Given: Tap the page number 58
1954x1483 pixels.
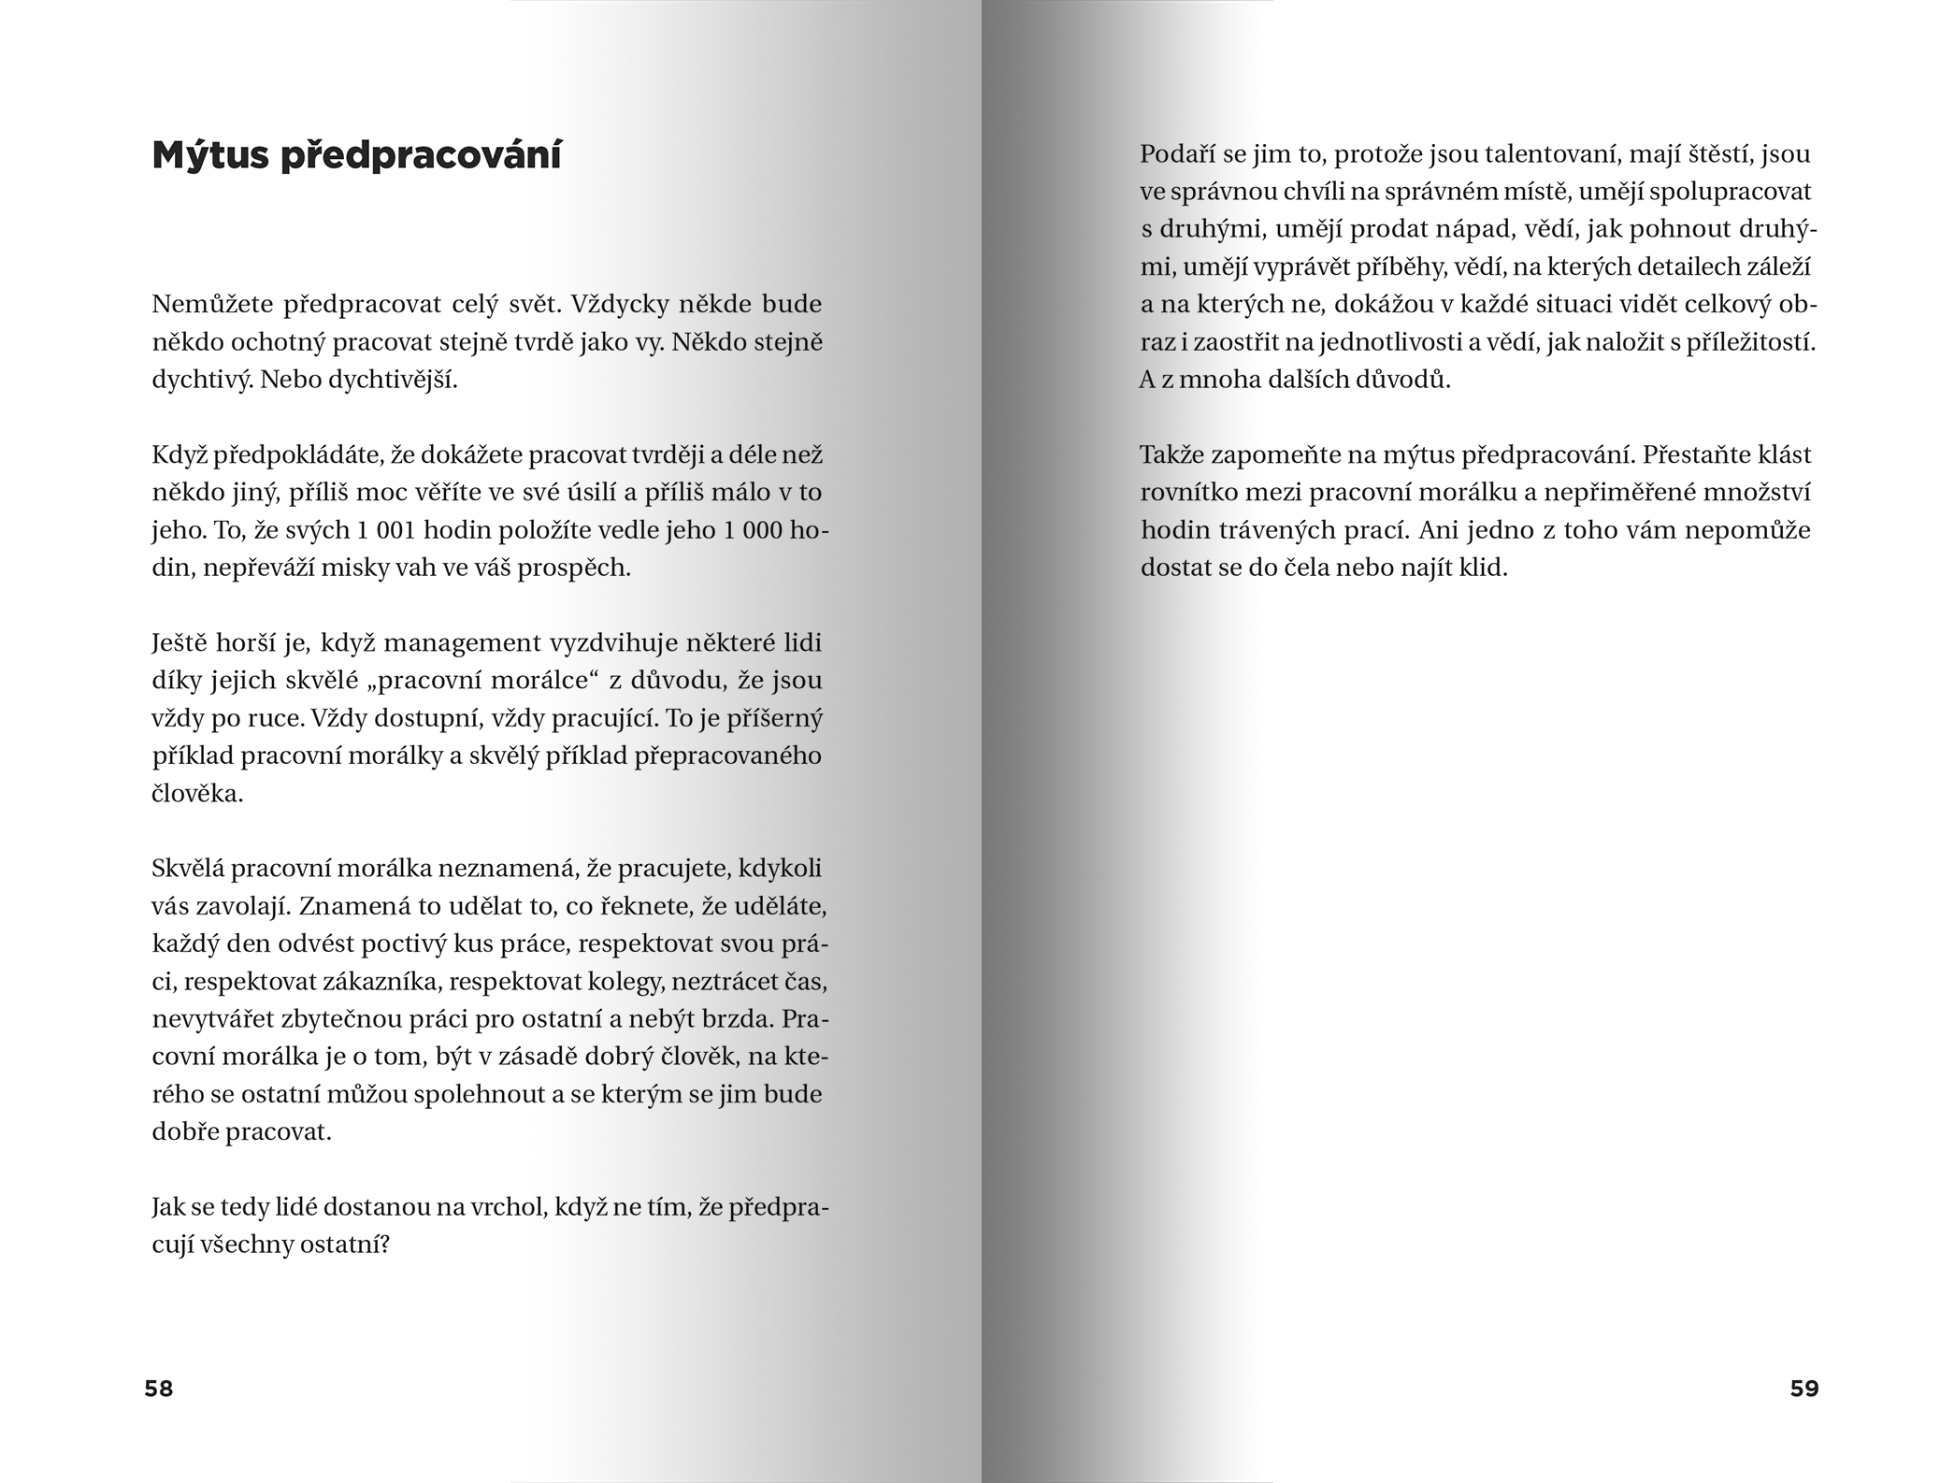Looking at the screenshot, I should click(x=159, y=1389).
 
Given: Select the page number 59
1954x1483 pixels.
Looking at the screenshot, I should click(x=1804, y=1389).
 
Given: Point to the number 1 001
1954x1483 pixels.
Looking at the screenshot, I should click(x=384, y=530).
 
